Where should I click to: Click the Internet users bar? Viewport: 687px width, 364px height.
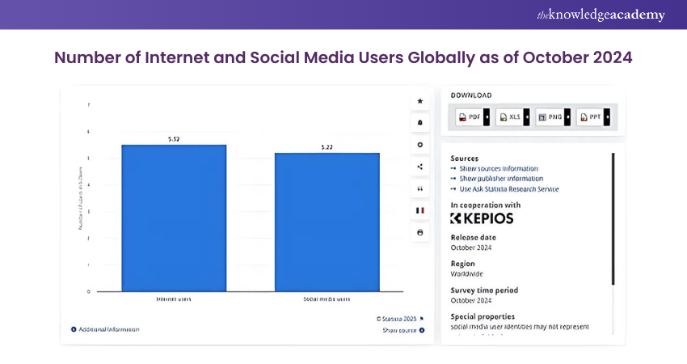tap(174, 218)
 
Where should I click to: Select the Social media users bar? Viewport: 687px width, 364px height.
tap(327, 222)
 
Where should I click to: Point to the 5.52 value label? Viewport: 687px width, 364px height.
tap(174, 139)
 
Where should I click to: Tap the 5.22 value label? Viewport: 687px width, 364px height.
tap(327, 147)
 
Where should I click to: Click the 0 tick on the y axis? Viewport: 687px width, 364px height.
tap(88, 290)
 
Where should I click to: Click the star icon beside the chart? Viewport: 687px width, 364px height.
tap(419, 101)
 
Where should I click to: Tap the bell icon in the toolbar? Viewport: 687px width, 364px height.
tap(419, 123)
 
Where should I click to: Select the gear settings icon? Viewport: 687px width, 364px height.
tap(419, 145)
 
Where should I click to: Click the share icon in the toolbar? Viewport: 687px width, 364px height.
tap(419, 167)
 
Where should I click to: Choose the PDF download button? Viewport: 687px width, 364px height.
tap(470, 117)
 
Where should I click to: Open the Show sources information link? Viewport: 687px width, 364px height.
tap(499, 168)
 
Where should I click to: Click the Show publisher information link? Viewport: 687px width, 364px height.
tap(500, 179)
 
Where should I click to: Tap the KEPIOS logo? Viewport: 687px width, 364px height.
tap(482, 218)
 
